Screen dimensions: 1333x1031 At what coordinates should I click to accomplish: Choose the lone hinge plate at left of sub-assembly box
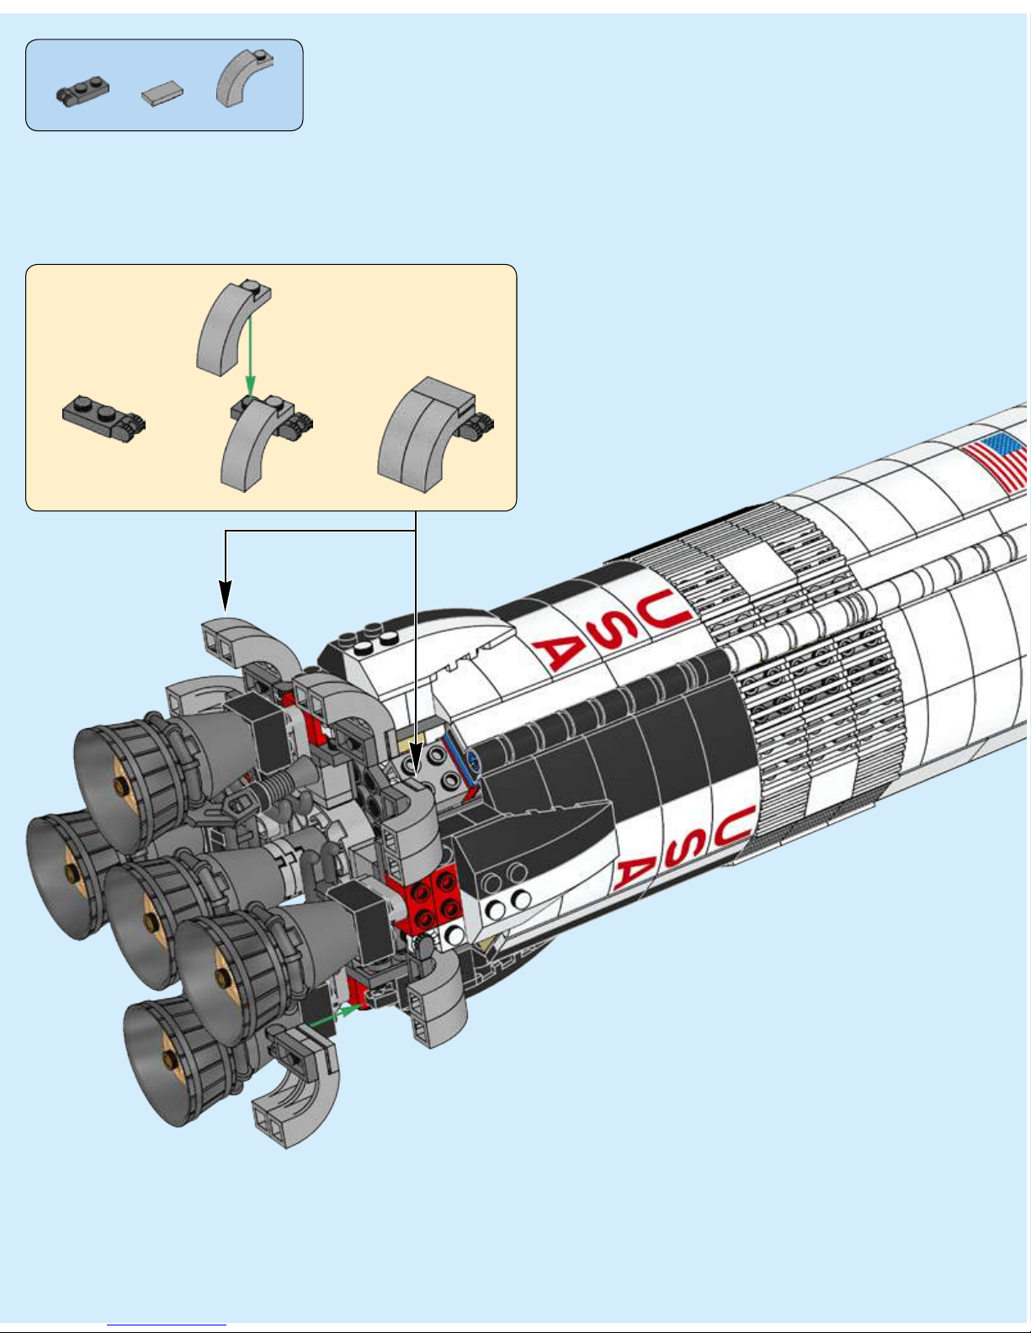click(104, 418)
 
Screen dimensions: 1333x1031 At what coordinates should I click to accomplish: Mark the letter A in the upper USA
click(557, 653)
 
